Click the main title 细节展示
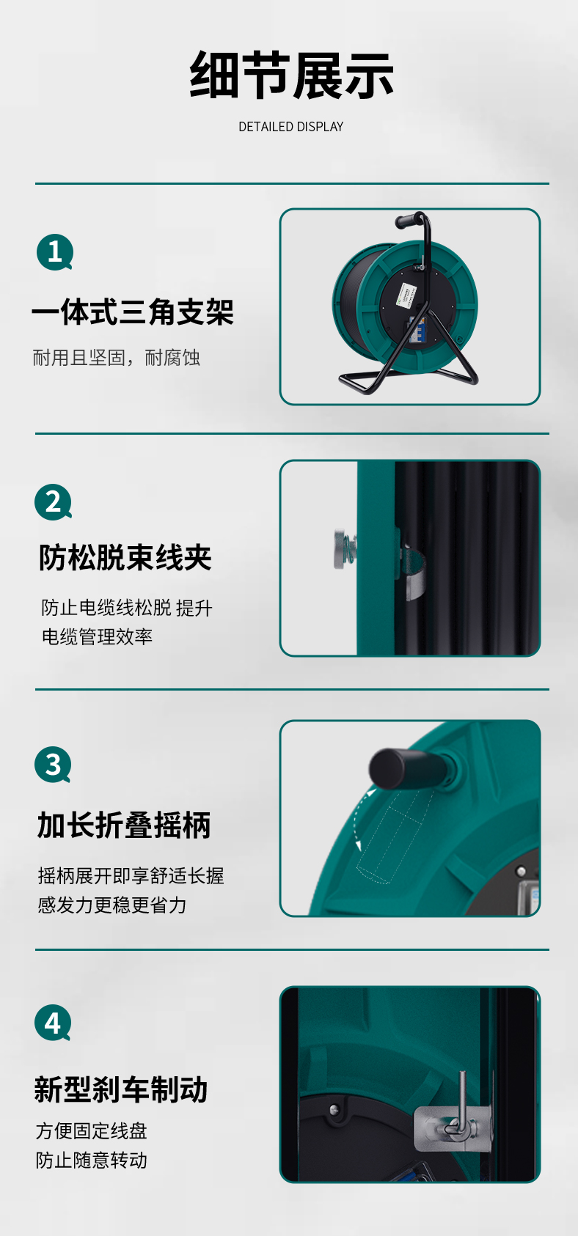pos(291,76)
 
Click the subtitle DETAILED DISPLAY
pos(291,127)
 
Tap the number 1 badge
pos(55,252)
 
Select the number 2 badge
pos(53,502)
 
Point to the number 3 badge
pos(53,765)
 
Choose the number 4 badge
pos(53,1023)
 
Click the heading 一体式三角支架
pos(133,312)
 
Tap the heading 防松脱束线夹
pos(125,557)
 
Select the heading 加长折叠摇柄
pos(124,825)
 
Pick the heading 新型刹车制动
pos(121,1089)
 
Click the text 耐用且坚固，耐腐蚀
pos(116,358)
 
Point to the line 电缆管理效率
pos(97,637)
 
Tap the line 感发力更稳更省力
pos(112,905)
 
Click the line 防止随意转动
pos(92,1160)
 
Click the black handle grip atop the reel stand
pos(407,220)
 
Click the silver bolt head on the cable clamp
pos(342,548)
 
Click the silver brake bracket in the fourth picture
pos(452,1128)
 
